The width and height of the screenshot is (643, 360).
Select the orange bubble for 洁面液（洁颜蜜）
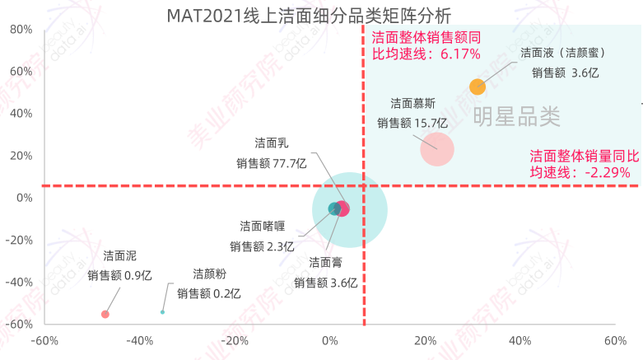click(478, 86)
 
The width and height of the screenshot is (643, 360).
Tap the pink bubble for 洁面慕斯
click(436, 149)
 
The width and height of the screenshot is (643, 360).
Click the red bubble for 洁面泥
click(105, 314)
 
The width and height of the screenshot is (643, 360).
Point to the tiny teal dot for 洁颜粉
click(162, 312)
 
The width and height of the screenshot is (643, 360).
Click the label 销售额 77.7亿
click(271, 163)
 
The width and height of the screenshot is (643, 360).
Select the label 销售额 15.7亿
click(412, 123)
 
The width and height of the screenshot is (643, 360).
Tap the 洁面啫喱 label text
click(262, 226)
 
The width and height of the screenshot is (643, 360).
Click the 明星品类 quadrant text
click(517, 118)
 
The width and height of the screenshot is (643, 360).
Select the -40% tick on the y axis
click(17, 282)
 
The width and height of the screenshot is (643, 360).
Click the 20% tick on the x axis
click(424, 341)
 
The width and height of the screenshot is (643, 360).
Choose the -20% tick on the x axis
click(235, 341)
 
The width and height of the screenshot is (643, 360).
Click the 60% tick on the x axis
click(614, 341)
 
